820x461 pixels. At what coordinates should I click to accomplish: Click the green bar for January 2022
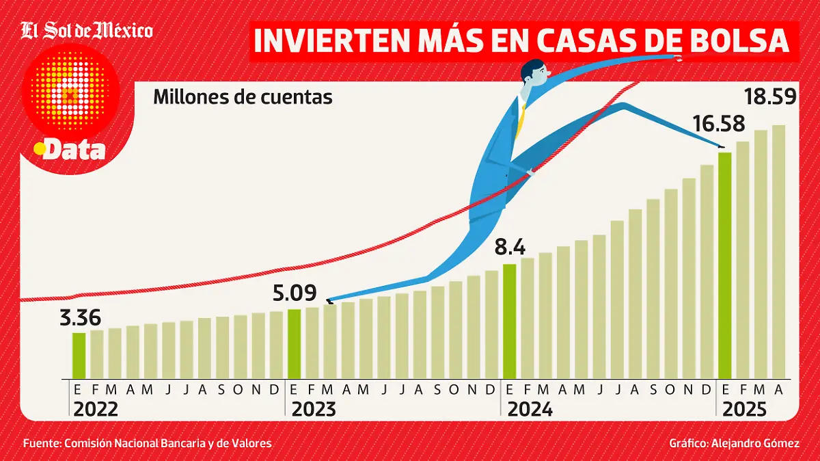tap(79, 355)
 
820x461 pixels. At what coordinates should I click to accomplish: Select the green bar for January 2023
tap(295, 343)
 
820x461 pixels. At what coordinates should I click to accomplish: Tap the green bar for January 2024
tap(510, 321)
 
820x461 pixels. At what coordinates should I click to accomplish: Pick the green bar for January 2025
tap(725, 265)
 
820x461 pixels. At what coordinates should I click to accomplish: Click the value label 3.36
tap(80, 318)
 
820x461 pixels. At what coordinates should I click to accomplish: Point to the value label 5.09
tap(294, 294)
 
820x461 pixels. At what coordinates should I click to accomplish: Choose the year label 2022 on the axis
tap(95, 410)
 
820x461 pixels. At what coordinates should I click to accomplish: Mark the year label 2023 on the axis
tap(314, 410)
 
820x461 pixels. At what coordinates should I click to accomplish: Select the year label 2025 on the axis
tap(743, 410)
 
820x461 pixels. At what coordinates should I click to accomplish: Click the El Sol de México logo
tap(86, 31)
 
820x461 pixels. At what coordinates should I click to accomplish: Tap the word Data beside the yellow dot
tap(74, 150)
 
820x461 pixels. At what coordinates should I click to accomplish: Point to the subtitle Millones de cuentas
tap(243, 97)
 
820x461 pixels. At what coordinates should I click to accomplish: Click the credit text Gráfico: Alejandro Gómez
tap(734, 444)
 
